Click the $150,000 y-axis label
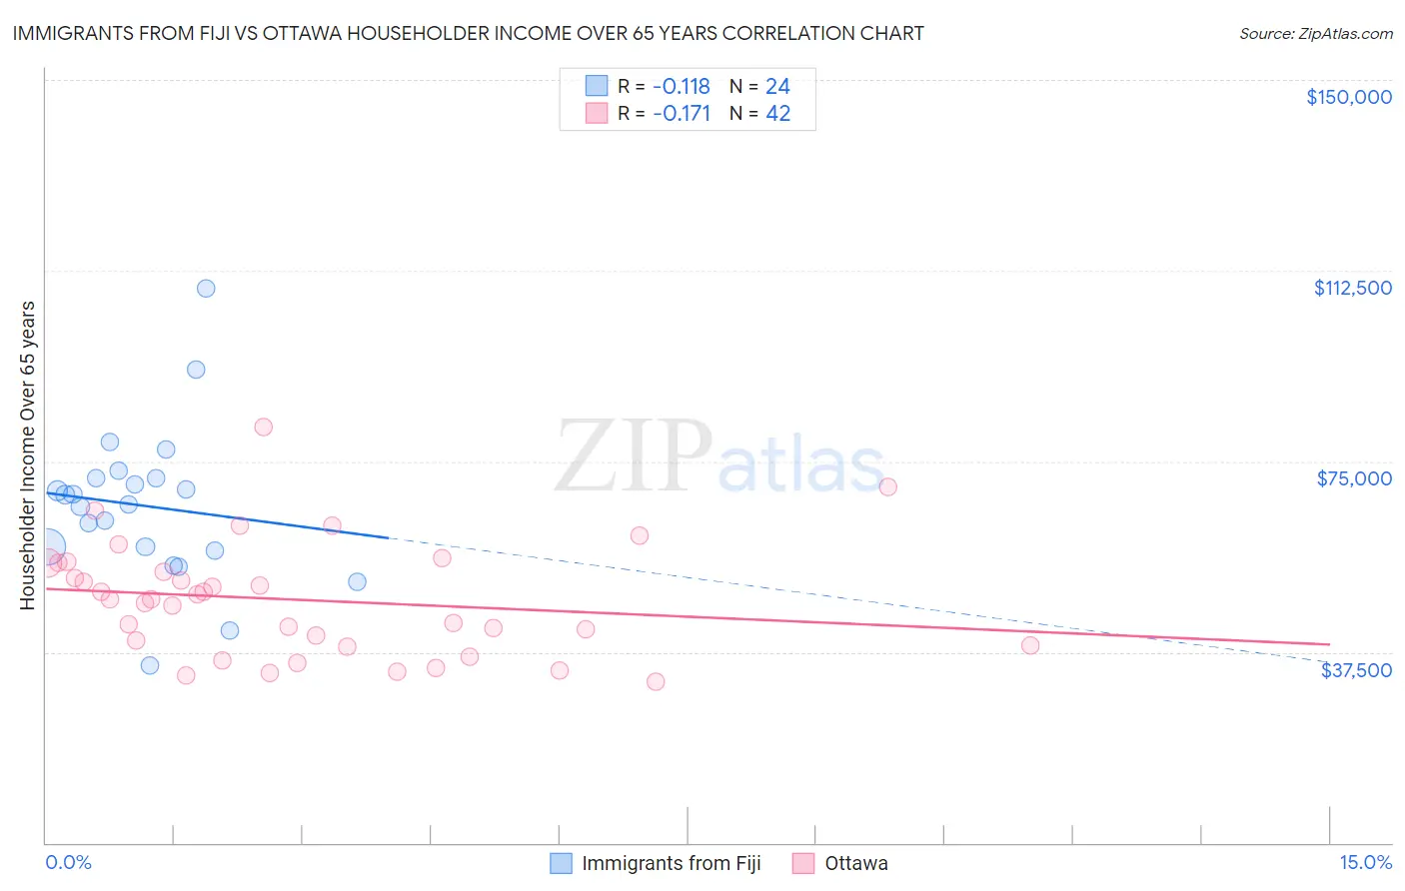(x=1348, y=97)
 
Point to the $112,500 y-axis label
(x=1352, y=288)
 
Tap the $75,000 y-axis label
(x=1354, y=478)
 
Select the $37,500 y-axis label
(x=1356, y=670)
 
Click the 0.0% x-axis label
(x=68, y=863)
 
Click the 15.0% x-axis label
(x=1365, y=863)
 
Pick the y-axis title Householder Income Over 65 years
(x=28, y=454)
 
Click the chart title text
(x=468, y=33)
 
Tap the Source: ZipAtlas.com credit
(x=1315, y=33)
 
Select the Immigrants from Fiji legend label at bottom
(x=671, y=863)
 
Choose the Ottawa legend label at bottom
(x=855, y=863)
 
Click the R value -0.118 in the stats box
(x=681, y=87)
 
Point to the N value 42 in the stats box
(x=777, y=114)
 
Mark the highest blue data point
(x=206, y=289)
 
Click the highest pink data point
(x=264, y=427)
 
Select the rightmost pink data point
(x=1030, y=645)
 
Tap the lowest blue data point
(x=150, y=665)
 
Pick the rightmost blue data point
(x=357, y=581)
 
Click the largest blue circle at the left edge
(x=48, y=547)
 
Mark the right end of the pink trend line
(x=1329, y=644)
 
